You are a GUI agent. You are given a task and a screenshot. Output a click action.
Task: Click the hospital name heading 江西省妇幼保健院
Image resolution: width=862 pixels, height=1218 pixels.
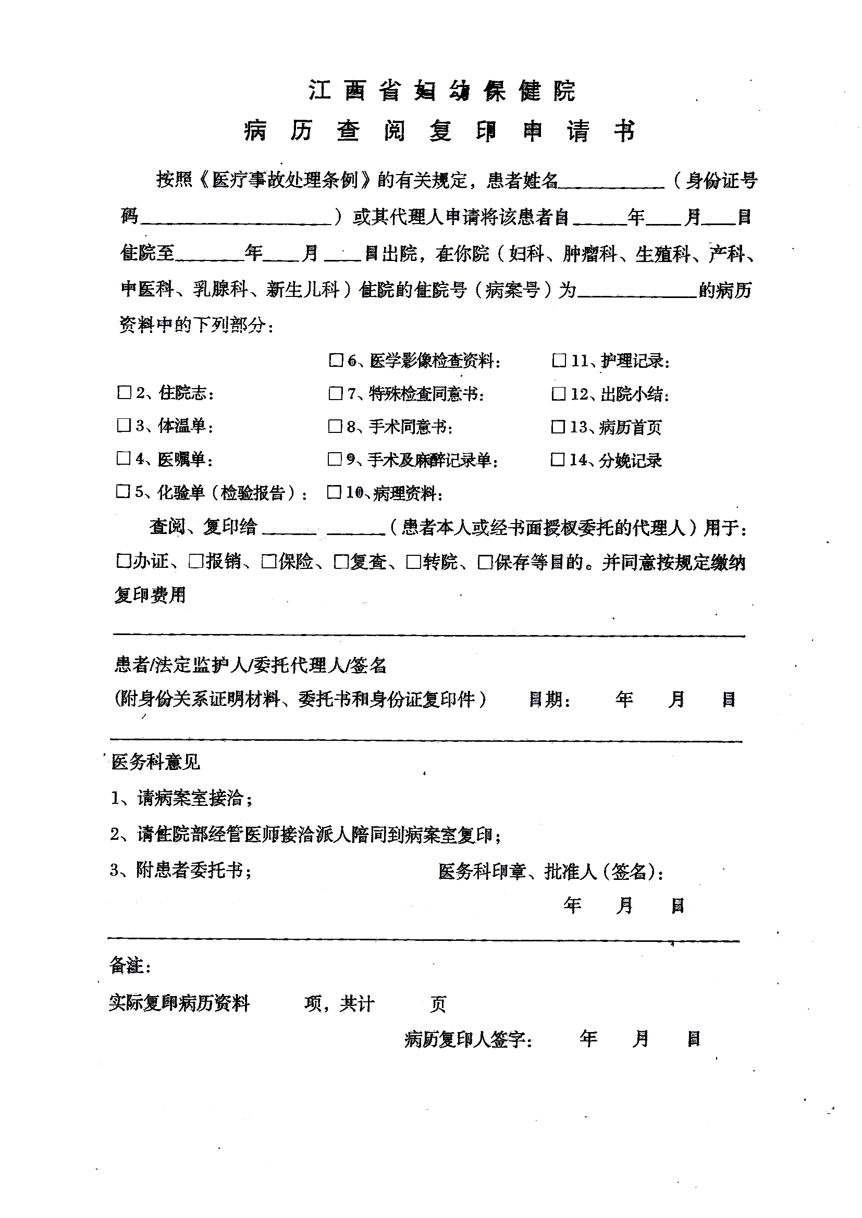pyautogui.click(x=442, y=91)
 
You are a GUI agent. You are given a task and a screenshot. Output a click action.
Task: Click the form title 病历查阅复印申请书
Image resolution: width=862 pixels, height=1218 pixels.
pyautogui.click(x=439, y=131)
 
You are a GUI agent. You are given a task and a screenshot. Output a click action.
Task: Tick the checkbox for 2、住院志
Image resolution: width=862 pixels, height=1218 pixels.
pyautogui.click(x=124, y=393)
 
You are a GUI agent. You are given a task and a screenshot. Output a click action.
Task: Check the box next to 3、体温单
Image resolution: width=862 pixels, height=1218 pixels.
pyautogui.click(x=124, y=426)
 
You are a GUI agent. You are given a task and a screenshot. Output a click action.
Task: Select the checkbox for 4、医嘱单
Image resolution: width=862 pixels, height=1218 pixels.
pyautogui.click(x=124, y=458)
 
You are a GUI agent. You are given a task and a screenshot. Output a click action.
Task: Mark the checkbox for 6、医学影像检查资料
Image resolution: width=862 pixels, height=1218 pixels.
pyautogui.click(x=336, y=361)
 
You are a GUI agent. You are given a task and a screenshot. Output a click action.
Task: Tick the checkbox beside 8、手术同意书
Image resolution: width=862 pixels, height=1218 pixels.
pyautogui.click(x=335, y=427)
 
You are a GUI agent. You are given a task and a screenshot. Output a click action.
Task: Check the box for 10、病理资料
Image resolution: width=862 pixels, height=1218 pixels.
pyautogui.click(x=334, y=492)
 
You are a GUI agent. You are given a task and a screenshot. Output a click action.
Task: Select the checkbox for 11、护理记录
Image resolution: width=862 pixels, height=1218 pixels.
pyautogui.click(x=559, y=361)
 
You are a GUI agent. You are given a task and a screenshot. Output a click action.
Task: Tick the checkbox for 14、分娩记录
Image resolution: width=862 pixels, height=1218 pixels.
pyautogui.click(x=558, y=459)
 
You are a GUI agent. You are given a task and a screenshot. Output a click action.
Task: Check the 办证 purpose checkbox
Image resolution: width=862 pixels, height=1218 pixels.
pyautogui.click(x=123, y=561)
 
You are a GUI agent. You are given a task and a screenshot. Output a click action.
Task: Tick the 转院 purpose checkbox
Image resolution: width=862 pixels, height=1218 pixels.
pyautogui.click(x=413, y=562)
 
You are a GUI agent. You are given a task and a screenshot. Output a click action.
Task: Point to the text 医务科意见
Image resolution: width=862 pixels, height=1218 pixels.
pyautogui.click(x=155, y=763)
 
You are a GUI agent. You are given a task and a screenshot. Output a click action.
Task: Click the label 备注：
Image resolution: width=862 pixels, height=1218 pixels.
pyautogui.click(x=131, y=965)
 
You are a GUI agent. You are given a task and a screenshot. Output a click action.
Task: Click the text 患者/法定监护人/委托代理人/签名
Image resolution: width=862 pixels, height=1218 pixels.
pyautogui.click(x=251, y=665)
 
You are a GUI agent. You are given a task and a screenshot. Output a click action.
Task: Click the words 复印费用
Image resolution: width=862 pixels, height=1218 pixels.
pyautogui.click(x=151, y=595)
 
